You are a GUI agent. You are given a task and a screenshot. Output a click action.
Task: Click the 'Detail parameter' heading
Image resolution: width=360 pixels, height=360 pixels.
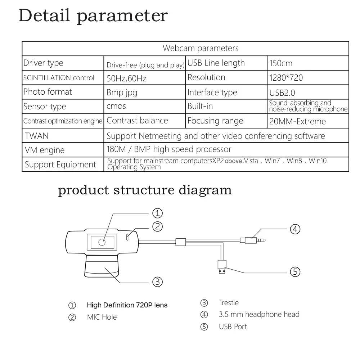pos(93,16)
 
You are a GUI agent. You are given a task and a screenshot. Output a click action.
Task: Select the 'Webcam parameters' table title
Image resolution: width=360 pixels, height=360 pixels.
pos(201,48)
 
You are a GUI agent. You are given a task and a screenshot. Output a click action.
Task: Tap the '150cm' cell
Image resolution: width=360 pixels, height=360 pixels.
pos(281,64)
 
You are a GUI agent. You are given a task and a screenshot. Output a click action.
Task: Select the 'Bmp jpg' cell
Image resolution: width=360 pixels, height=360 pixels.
pos(122,93)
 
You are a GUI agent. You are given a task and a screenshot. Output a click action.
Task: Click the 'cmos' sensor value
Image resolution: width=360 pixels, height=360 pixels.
pos(116,107)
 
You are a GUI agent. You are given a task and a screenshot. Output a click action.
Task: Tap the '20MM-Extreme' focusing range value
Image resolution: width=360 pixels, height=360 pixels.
pos(298,122)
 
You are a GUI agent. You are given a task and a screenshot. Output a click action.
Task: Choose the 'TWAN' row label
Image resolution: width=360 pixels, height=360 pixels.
pos(37,136)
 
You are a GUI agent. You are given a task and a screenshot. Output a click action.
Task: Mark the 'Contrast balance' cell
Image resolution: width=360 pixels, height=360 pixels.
pos(138,121)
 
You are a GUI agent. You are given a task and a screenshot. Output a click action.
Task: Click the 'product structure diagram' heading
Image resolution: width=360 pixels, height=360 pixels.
pos(145,190)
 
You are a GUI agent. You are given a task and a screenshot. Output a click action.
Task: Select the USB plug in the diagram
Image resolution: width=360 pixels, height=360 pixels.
pos(222,267)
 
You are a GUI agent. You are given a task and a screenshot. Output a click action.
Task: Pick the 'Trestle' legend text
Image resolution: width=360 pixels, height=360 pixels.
pos(229,302)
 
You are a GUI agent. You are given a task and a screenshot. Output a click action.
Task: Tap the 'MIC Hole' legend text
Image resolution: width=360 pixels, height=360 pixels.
pos(102,317)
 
